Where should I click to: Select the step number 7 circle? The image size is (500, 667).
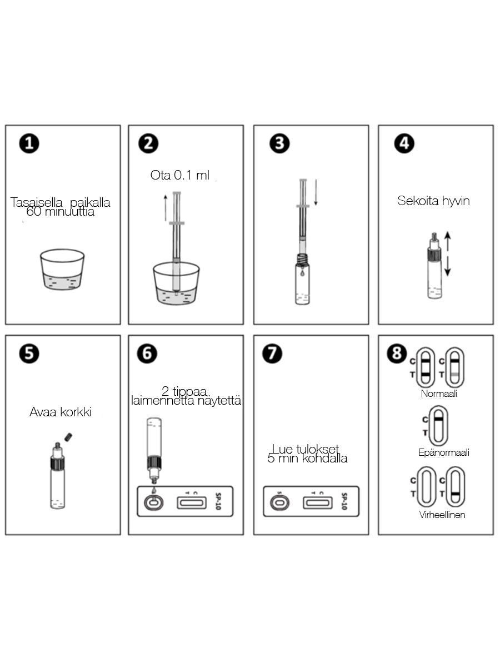272,353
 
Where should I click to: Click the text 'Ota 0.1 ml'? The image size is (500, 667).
179,175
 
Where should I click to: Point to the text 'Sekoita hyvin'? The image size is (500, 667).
433,201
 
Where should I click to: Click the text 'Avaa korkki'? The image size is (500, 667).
61,412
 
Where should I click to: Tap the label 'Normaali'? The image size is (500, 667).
439,394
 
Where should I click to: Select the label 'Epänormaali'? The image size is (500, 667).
443,452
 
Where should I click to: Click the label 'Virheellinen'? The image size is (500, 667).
442,515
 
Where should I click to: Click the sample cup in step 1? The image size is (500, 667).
62,269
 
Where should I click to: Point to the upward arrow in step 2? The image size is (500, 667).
166,208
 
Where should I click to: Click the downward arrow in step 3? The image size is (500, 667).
316,192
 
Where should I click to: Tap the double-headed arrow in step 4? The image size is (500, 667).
447,254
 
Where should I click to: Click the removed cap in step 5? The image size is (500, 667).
68,437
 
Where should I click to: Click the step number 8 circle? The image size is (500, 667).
397,353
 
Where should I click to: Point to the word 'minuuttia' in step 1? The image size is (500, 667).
69,212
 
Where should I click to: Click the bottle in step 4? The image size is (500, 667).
434,265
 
